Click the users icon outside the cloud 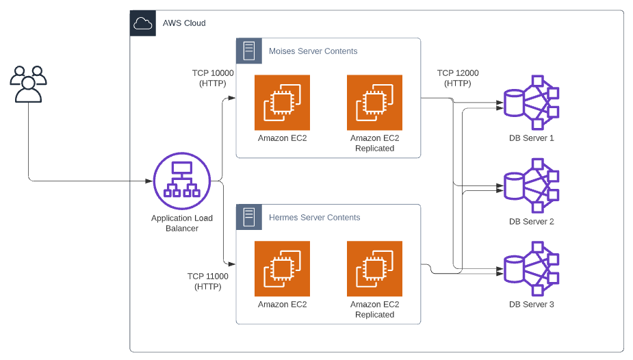28,84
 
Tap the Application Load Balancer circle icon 182,181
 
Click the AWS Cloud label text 184,23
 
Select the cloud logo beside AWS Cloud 143,24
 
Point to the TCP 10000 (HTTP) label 213,78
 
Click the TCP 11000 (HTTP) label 208,281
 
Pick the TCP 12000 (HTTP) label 458,78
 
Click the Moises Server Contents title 313,51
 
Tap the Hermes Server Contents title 314,218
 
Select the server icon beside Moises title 249,51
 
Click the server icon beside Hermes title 249,218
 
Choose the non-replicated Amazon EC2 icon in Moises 282,103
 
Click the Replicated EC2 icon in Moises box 374,103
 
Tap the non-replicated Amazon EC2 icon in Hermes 282,268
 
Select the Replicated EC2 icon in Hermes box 374,268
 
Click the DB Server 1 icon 531,103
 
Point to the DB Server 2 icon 531,185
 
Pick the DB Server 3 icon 531,268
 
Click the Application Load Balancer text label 182,223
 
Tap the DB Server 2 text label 531,222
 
